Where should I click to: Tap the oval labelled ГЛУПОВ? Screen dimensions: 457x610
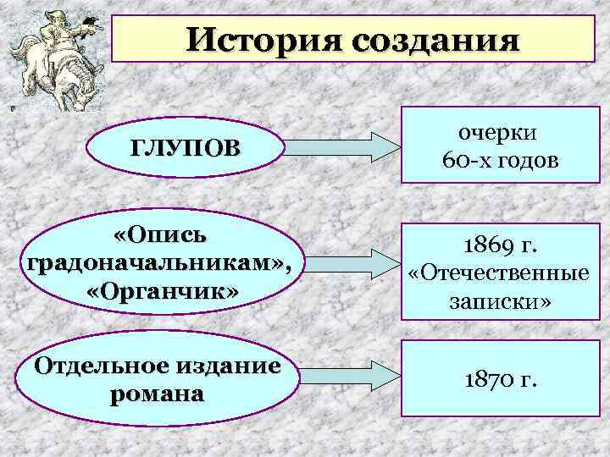tap(185, 149)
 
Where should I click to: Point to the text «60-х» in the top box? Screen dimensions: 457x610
tap(469, 161)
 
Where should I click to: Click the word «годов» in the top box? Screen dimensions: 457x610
tap(526, 161)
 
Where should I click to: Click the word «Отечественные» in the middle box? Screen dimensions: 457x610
tap(498, 273)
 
